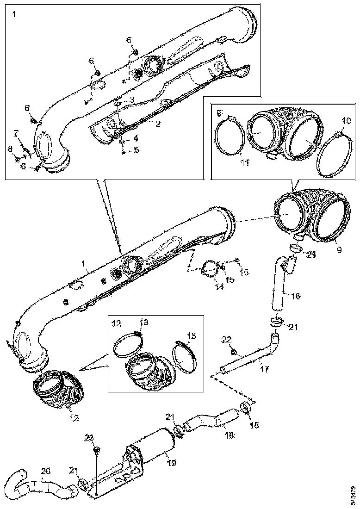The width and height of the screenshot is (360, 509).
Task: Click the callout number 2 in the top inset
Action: coord(158,124)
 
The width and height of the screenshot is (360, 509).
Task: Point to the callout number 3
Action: coord(132,99)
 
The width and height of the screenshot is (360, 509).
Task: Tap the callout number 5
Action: coord(136,149)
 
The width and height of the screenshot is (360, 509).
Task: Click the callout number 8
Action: coord(10,149)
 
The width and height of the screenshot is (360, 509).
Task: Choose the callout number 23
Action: coord(89,437)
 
